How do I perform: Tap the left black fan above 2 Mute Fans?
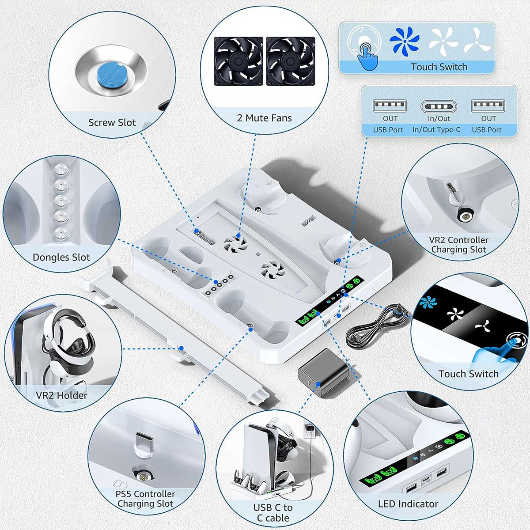point(238,61)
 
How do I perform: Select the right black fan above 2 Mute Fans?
point(291,61)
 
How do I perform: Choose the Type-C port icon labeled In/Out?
point(439,106)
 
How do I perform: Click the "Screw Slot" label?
point(112,122)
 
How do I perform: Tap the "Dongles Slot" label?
point(61,257)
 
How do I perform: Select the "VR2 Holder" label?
point(61,395)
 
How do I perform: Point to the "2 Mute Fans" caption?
point(264,118)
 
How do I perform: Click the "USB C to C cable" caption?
point(273,512)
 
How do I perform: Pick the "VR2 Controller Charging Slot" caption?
point(458,245)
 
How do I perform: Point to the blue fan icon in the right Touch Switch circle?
point(428,302)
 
